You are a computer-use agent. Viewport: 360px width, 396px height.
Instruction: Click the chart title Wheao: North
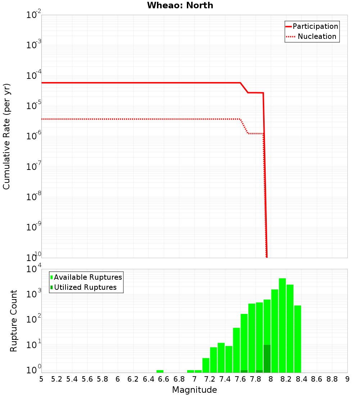point(180,6)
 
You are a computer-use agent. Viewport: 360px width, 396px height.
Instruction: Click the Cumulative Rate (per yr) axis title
point(6,136)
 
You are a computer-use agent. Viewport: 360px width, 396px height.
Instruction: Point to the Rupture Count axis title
point(14,320)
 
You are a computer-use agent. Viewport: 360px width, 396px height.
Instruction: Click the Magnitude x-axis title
point(194,390)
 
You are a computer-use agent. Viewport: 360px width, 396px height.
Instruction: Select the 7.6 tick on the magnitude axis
point(240,379)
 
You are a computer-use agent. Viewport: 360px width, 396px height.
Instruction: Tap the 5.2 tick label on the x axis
point(57,379)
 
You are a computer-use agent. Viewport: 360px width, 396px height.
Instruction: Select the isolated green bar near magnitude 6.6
point(160,371)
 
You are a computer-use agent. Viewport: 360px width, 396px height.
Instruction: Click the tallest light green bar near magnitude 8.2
point(282,324)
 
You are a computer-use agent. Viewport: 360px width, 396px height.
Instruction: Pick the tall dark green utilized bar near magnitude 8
point(267,358)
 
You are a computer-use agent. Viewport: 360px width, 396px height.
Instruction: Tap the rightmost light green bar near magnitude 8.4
point(297,338)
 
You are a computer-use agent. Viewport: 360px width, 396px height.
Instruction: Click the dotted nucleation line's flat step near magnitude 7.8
point(256,134)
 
